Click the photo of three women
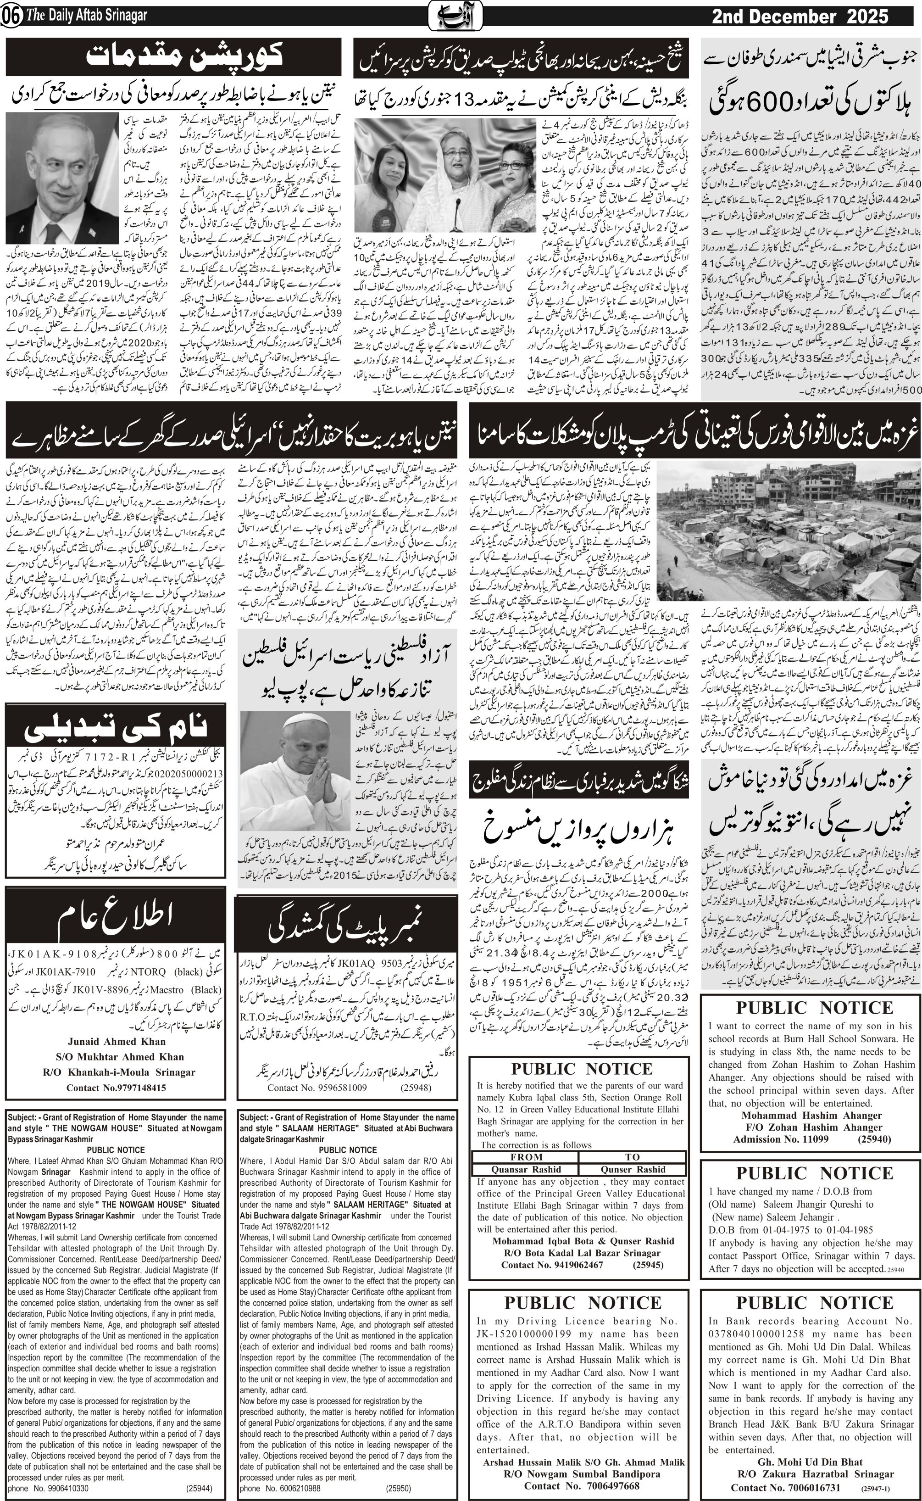click(444, 175)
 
